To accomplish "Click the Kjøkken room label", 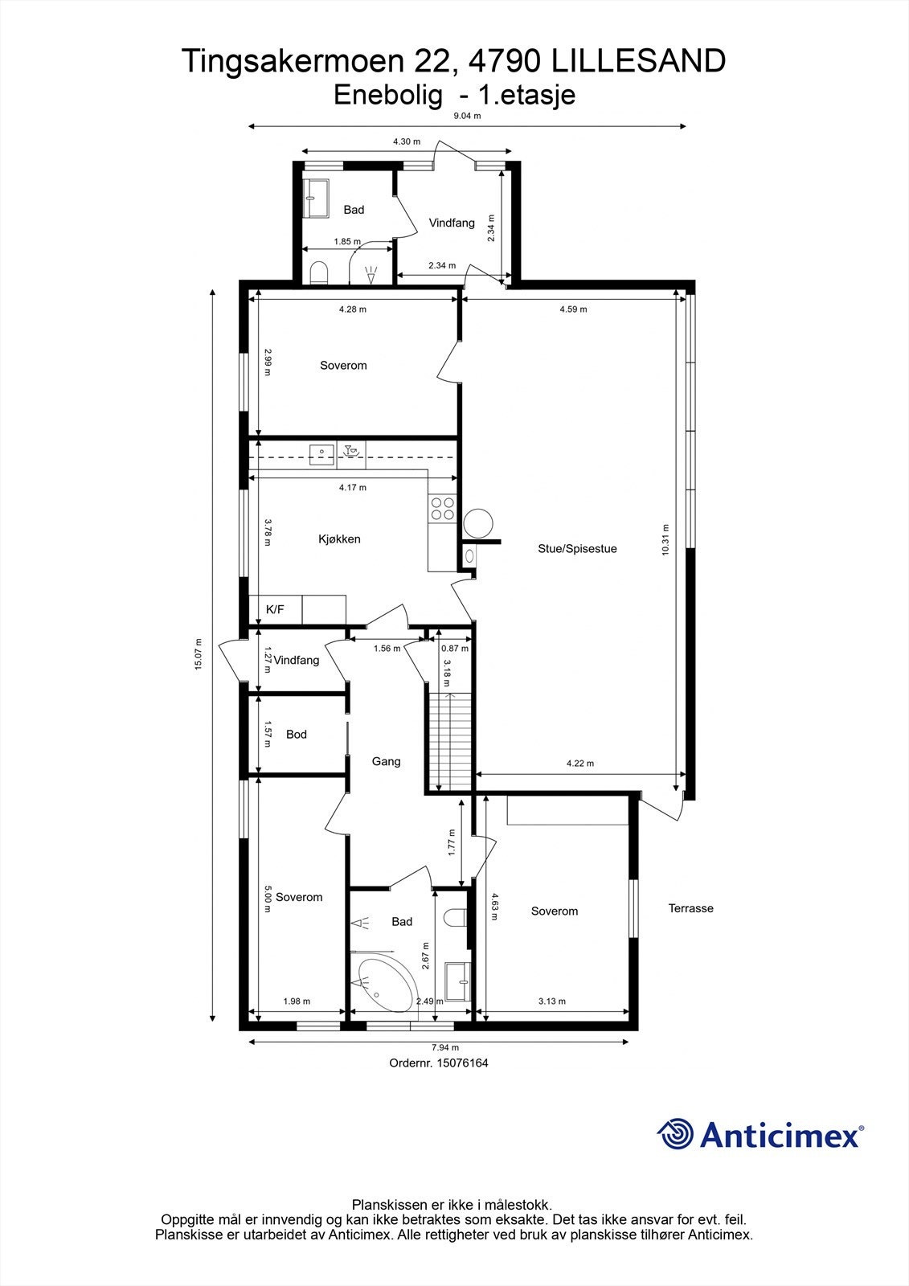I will (339, 539).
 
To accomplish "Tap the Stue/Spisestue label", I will (577, 549).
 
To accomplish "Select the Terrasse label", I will (690, 908).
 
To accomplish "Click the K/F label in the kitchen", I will (275, 610).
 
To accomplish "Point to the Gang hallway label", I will (386, 761).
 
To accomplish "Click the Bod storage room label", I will (297, 734).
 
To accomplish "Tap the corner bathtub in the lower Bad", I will (388, 985).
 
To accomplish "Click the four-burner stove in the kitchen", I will (442, 509).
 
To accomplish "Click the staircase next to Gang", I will (449, 739).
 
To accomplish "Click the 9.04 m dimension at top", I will (467, 116).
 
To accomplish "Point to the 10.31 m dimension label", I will (665, 539).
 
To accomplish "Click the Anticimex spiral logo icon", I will (676, 1134).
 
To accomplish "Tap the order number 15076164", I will (462, 1063).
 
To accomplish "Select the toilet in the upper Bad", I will (318, 272).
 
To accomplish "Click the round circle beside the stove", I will (477, 523).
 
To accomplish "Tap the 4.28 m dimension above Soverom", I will (352, 309).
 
